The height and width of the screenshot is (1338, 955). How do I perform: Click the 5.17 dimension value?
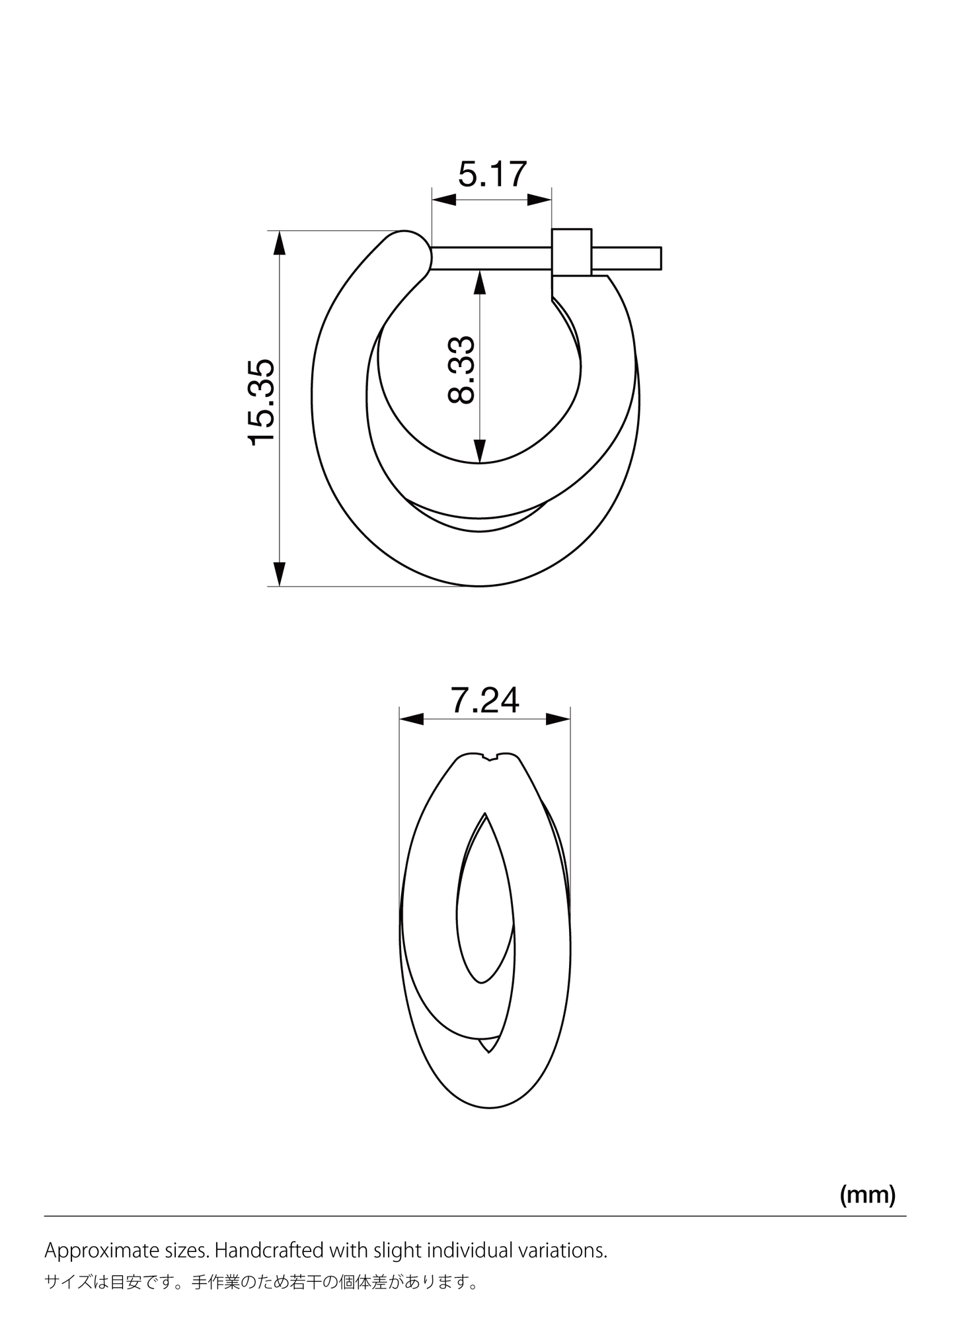tap(492, 174)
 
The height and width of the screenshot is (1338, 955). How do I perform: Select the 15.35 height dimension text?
tap(262, 402)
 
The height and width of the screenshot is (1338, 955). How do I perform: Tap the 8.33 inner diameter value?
tap(461, 370)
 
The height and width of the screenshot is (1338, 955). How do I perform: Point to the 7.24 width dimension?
tap(485, 700)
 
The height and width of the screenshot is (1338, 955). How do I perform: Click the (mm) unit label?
tap(867, 1194)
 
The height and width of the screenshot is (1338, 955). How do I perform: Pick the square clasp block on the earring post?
tap(572, 252)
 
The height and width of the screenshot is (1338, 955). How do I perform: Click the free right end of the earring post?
tap(660, 258)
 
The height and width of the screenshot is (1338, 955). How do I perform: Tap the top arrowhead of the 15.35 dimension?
tap(280, 242)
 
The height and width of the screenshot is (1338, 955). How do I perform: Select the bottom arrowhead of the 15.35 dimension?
tap(280, 574)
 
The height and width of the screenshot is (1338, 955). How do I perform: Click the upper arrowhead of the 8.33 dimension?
tap(480, 282)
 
